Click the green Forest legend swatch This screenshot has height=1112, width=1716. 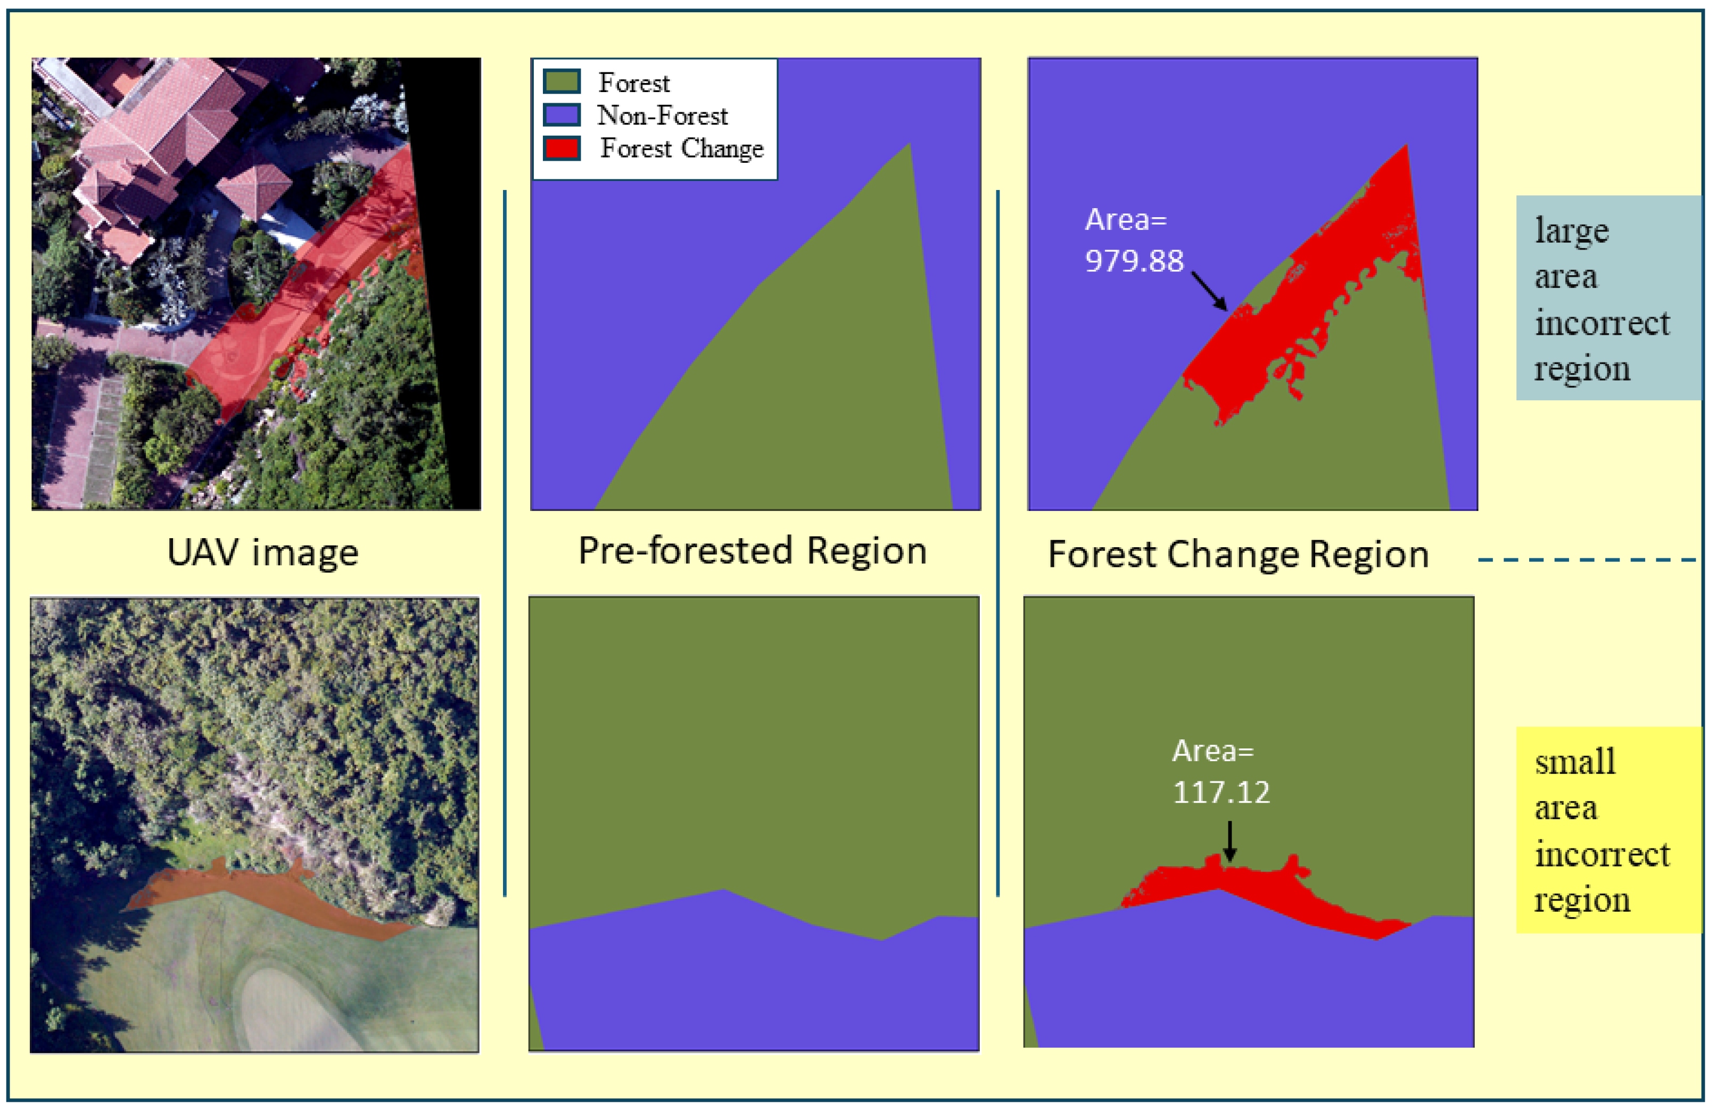(x=561, y=81)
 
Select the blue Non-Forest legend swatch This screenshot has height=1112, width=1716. (x=561, y=114)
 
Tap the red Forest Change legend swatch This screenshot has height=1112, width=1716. (x=561, y=148)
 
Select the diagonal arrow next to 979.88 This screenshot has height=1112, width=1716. (x=1209, y=291)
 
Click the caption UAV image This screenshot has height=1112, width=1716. (x=262, y=553)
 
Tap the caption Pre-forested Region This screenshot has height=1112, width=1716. (x=752, y=551)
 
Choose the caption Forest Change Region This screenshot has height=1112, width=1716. (x=1237, y=555)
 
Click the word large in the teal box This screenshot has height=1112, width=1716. (x=1571, y=232)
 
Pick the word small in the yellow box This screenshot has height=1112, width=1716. (x=1574, y=762)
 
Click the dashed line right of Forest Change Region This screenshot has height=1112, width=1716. (x=1586, y=559)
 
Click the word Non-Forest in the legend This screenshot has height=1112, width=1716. (x=662, y=116)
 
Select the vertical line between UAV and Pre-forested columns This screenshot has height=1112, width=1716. (x=505, y=541)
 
